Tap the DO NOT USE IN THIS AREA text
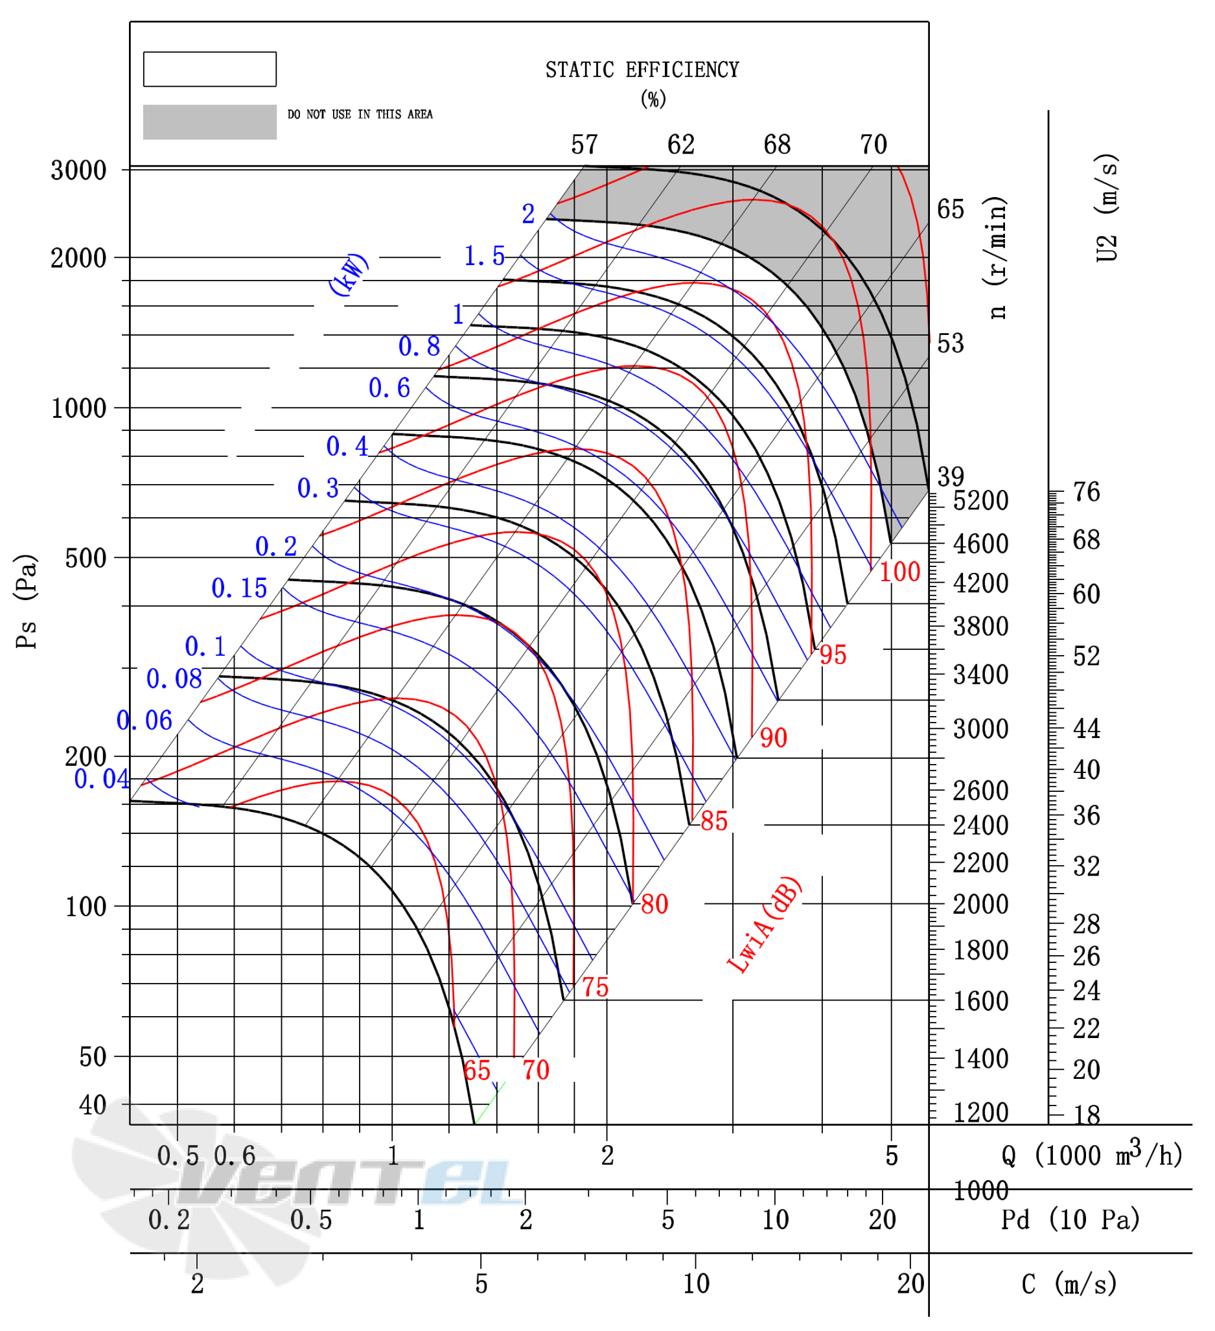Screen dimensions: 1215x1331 pyautogui.click(x=360, y=114)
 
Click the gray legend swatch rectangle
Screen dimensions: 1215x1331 pyautogui.click(x=210, y=122)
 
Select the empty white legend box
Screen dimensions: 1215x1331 pyautogui.click(x=210, y=69)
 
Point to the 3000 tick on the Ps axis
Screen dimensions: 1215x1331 pyautogui.click(x=78, y=170)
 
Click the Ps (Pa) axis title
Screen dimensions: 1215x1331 pyautogui.click(x=27, y=601)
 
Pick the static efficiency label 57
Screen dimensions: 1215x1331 pyautogui.click(x=584, y=145)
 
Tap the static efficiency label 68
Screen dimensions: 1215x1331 pyautogui.click(x=777, y=145)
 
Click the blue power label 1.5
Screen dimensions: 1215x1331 pyautogui.click(x=484, y=256)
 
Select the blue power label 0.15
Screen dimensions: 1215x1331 pyautogui.click(x=239, y=588)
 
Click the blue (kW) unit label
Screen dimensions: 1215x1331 pyautogui.click(x=349, y=274)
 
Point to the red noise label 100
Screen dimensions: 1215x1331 pyautogui.click(x=899, y=572)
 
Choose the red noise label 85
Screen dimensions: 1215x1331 pyautogui.click(x=714, y=821)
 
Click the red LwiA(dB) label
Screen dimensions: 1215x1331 pyautogui.click(x=764, y=925)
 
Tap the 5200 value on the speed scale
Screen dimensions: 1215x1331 pyautogui.click(x=980, y=500)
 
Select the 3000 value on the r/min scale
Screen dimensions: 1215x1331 pyautogui.click(x=980, y=729)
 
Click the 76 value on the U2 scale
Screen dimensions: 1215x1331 pyautogui.click(x=1086, y=492)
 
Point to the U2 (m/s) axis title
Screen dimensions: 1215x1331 pyautogui.click(x=1107, y=208)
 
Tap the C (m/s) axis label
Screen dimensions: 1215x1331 pyautogui.click(x=1069, y=1284)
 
